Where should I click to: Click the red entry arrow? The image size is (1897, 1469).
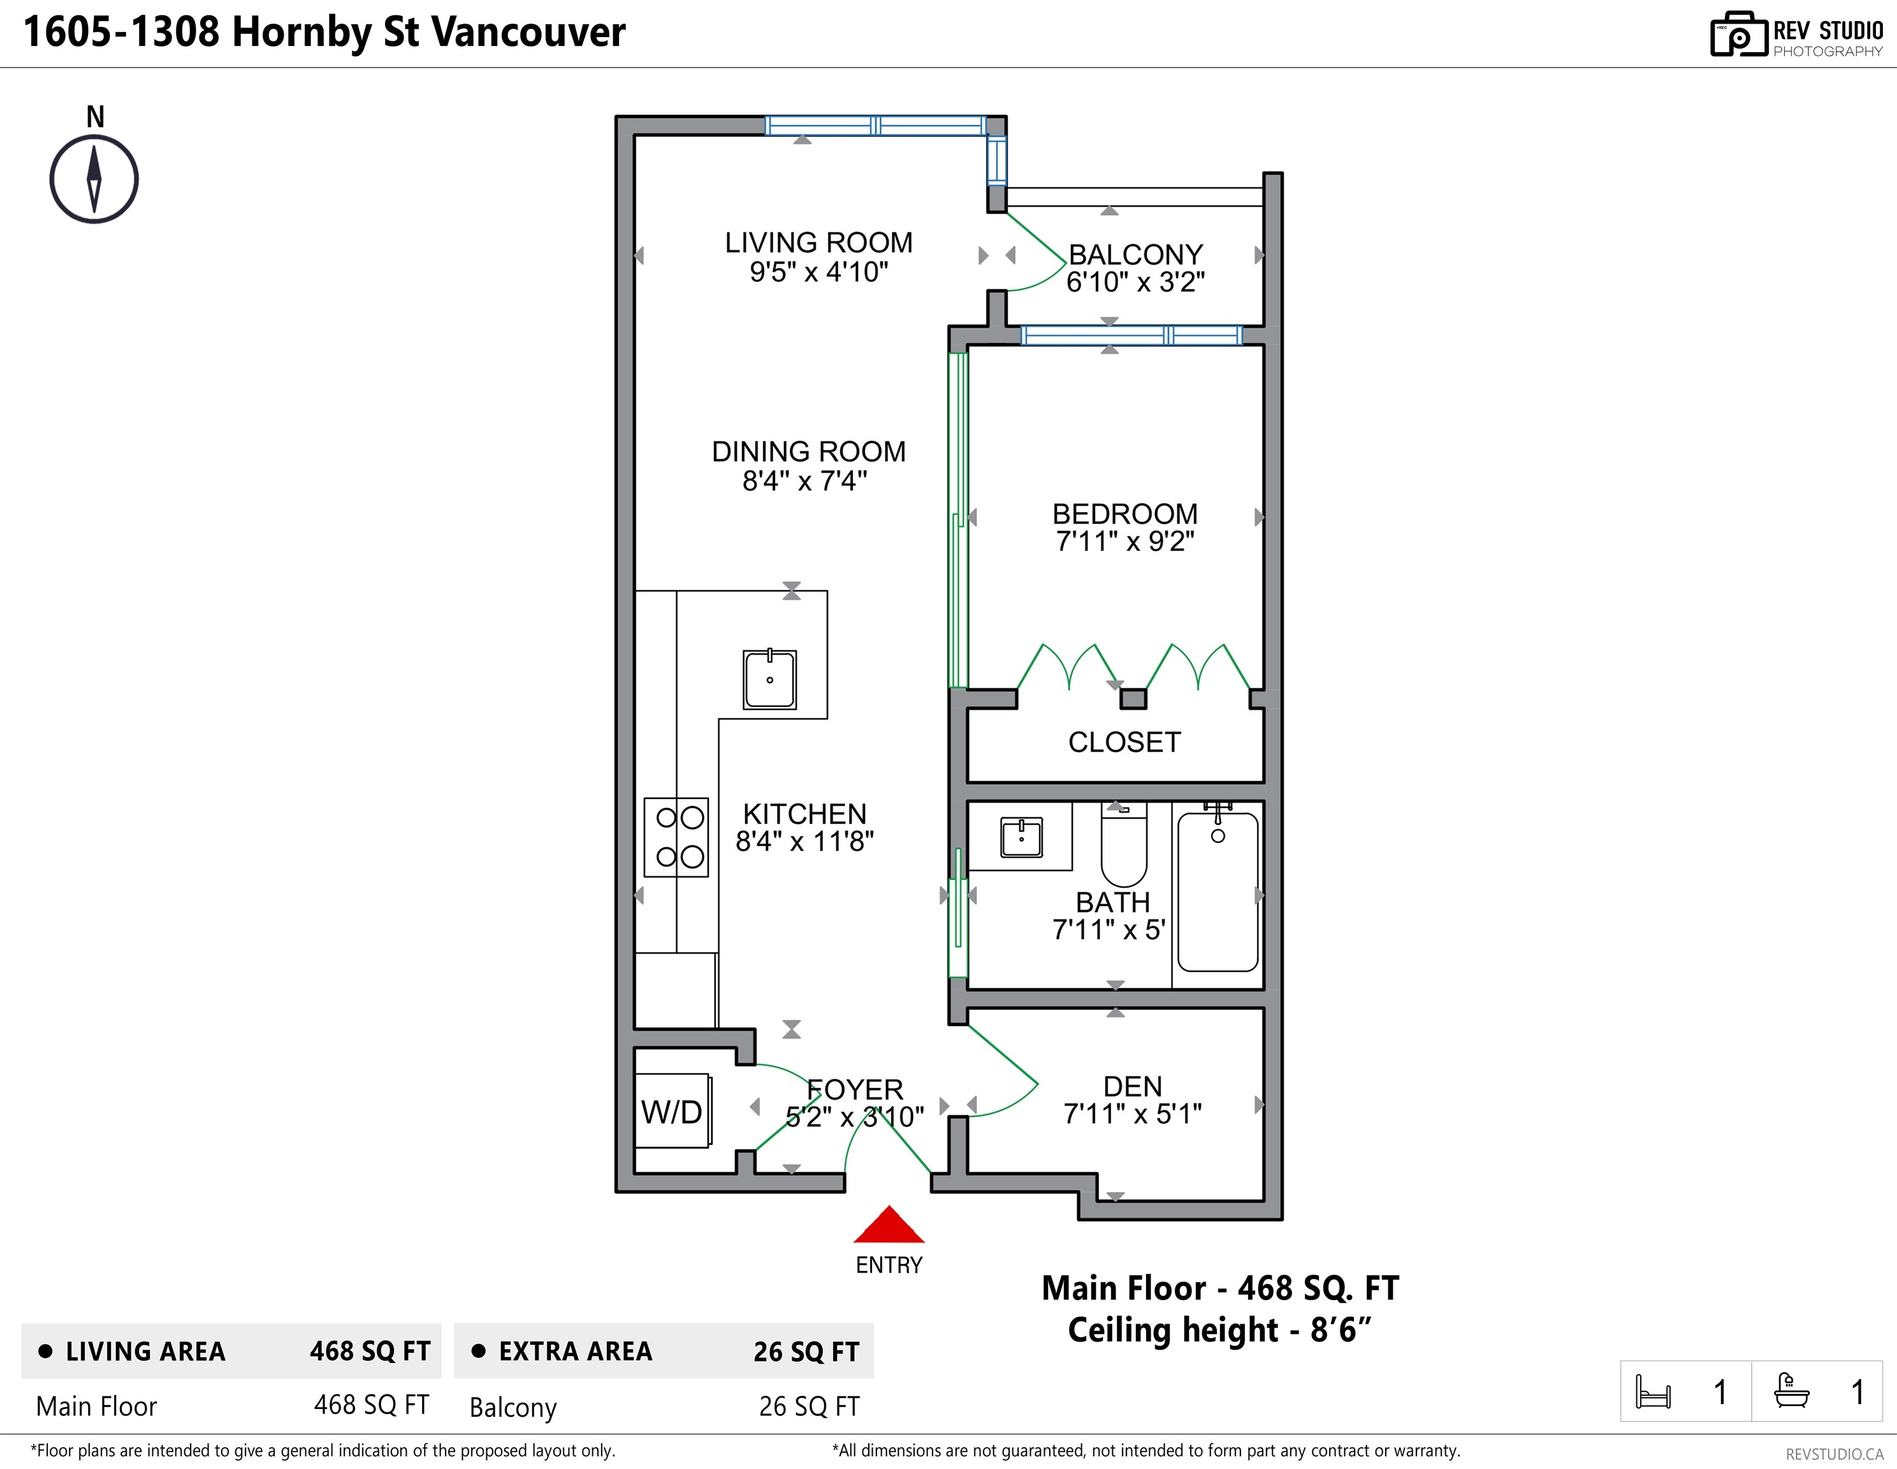click(889, 1225)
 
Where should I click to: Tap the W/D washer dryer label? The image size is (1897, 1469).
click(671, 1112)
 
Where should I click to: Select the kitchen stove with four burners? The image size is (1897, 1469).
click(676, 837)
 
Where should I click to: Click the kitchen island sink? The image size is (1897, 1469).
click(769, 679)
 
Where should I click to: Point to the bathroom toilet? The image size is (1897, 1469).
click(1124, 844)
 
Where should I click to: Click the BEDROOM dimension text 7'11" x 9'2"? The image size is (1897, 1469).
click(1125, 541)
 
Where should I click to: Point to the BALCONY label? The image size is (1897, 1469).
click(1135, 254)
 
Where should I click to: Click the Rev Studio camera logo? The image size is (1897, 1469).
click(1739, 34)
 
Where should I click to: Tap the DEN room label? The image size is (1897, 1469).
click(1133, 1086)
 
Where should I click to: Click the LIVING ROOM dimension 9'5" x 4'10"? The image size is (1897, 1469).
click(819, 272)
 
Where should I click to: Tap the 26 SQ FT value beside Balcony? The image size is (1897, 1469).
click(809, 1407)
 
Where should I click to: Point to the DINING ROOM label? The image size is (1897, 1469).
click(809, 452)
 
